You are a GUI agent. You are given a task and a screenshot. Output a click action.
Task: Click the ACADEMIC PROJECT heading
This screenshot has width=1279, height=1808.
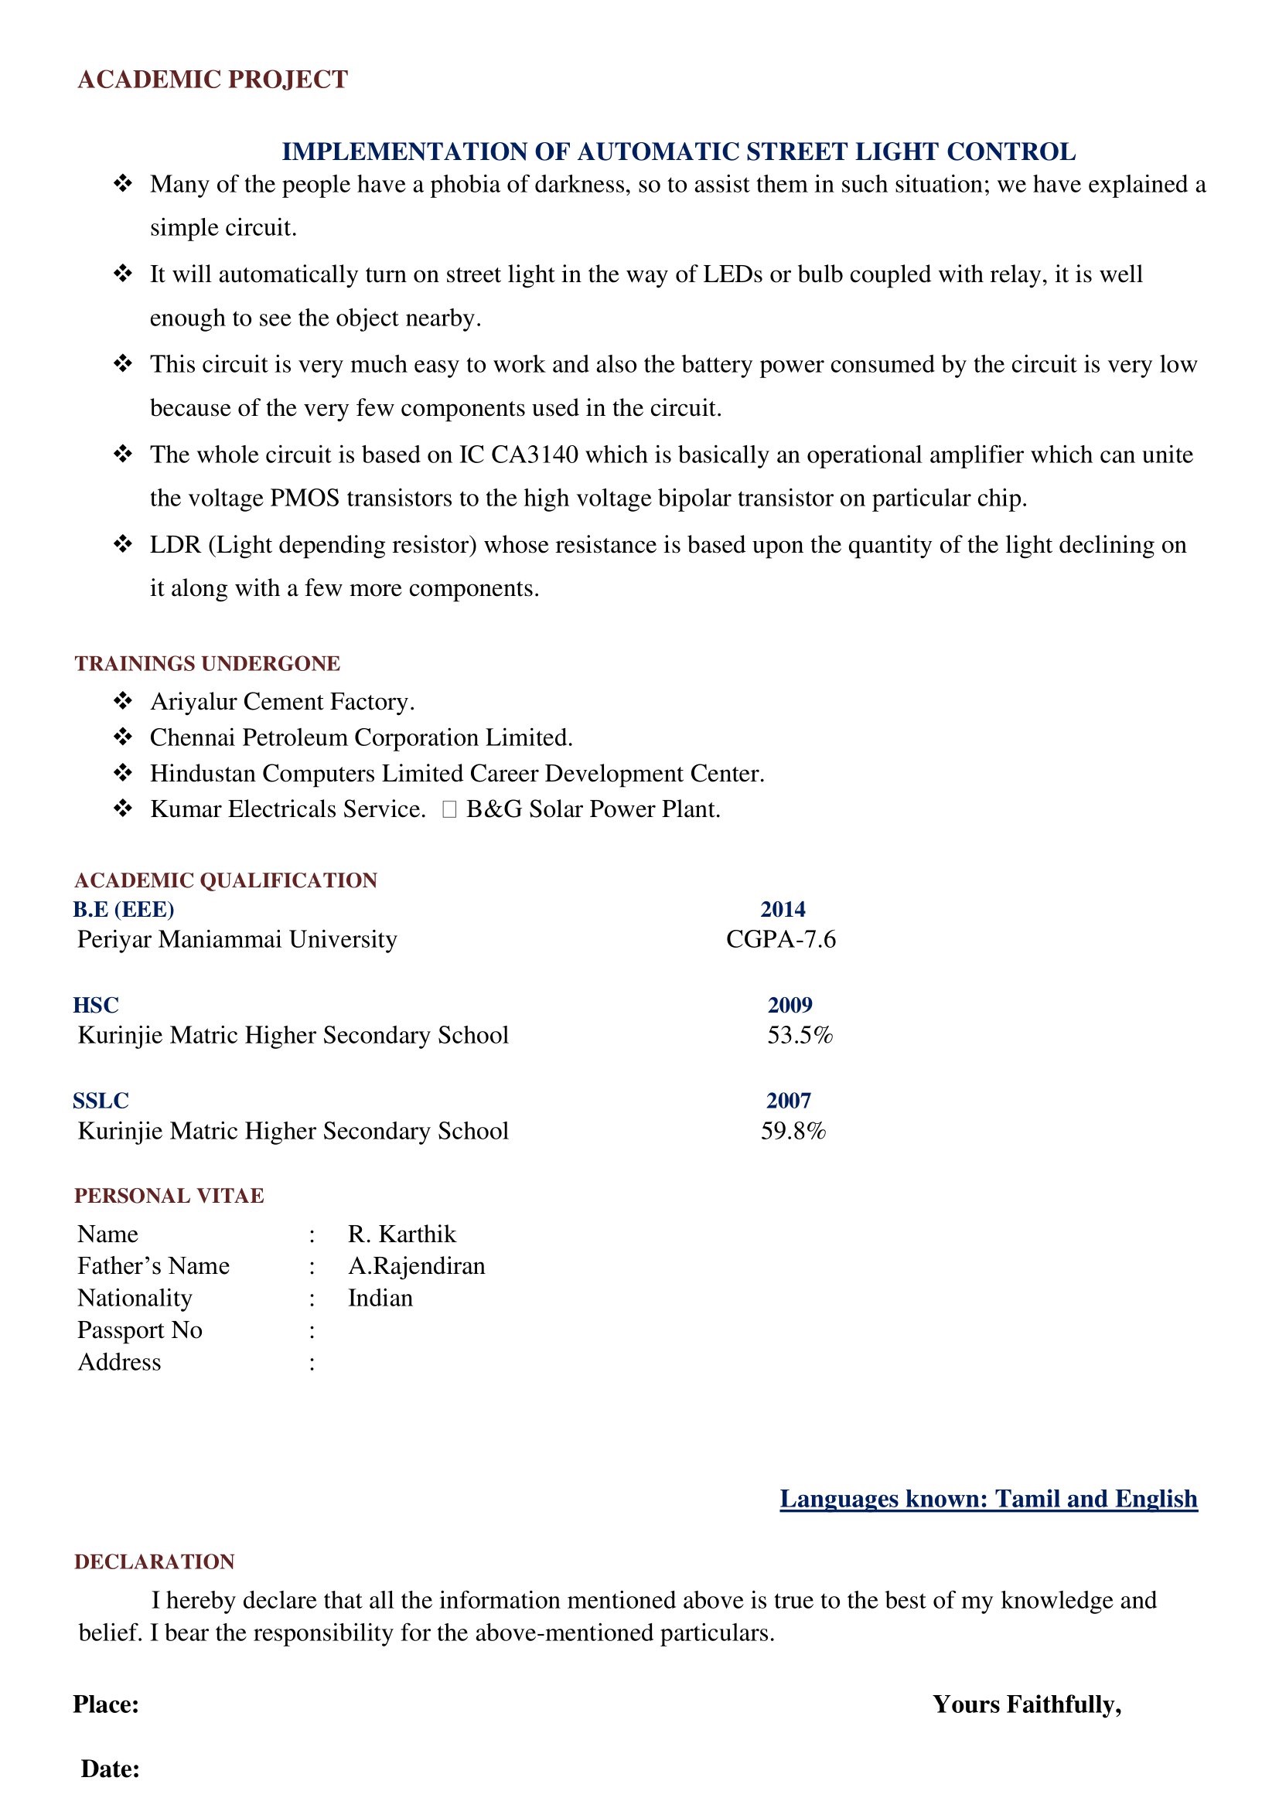213,80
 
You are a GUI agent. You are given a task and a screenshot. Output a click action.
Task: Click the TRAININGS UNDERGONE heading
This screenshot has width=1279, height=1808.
207,663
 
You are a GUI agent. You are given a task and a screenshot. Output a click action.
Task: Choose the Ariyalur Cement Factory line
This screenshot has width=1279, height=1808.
282,702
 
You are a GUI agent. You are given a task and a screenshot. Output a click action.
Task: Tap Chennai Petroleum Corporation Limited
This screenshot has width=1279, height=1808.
360,738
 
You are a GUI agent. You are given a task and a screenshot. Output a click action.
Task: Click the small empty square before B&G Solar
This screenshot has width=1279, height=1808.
450,809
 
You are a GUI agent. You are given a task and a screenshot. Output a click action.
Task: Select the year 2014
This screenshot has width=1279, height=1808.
782,910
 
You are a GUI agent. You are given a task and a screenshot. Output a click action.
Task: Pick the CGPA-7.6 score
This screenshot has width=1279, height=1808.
780,939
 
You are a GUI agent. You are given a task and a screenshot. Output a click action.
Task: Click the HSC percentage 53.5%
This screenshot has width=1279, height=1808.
800,1035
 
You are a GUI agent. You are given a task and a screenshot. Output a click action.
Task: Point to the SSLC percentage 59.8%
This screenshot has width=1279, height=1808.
793,1131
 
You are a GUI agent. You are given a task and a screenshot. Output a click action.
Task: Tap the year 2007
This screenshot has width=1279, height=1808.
788,1101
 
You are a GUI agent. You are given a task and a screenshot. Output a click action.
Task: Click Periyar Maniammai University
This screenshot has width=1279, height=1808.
237,939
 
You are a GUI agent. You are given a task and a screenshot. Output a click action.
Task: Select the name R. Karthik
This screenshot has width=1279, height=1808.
401,1234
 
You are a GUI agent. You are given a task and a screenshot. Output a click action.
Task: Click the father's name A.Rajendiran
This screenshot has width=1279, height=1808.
417,1265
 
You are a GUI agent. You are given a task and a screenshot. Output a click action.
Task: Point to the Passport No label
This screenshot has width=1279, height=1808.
139,1330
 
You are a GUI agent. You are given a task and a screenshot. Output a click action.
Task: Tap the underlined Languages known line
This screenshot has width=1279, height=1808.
988,1499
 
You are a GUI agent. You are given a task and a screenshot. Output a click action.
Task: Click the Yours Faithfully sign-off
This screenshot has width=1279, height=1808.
1027,1704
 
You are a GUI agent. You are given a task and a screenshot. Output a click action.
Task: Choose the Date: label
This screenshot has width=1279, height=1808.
111,1769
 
